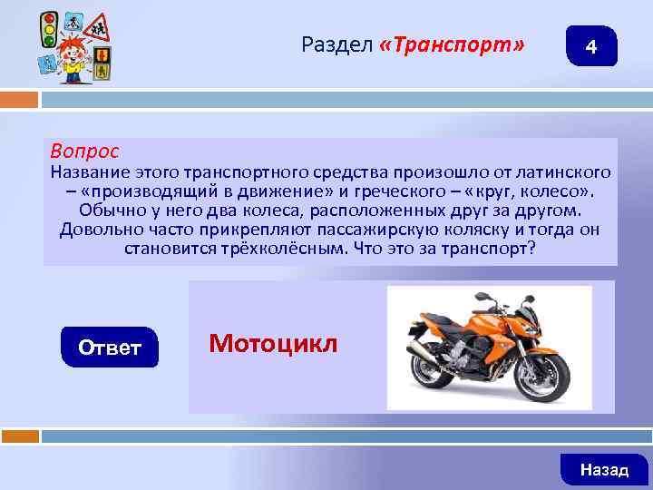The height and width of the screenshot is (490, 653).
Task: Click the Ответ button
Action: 109,348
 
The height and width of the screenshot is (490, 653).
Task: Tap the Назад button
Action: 604,469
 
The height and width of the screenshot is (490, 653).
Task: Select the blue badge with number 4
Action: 590,46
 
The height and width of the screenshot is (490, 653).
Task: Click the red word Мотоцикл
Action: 272,343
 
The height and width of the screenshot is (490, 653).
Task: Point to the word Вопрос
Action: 84,149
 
